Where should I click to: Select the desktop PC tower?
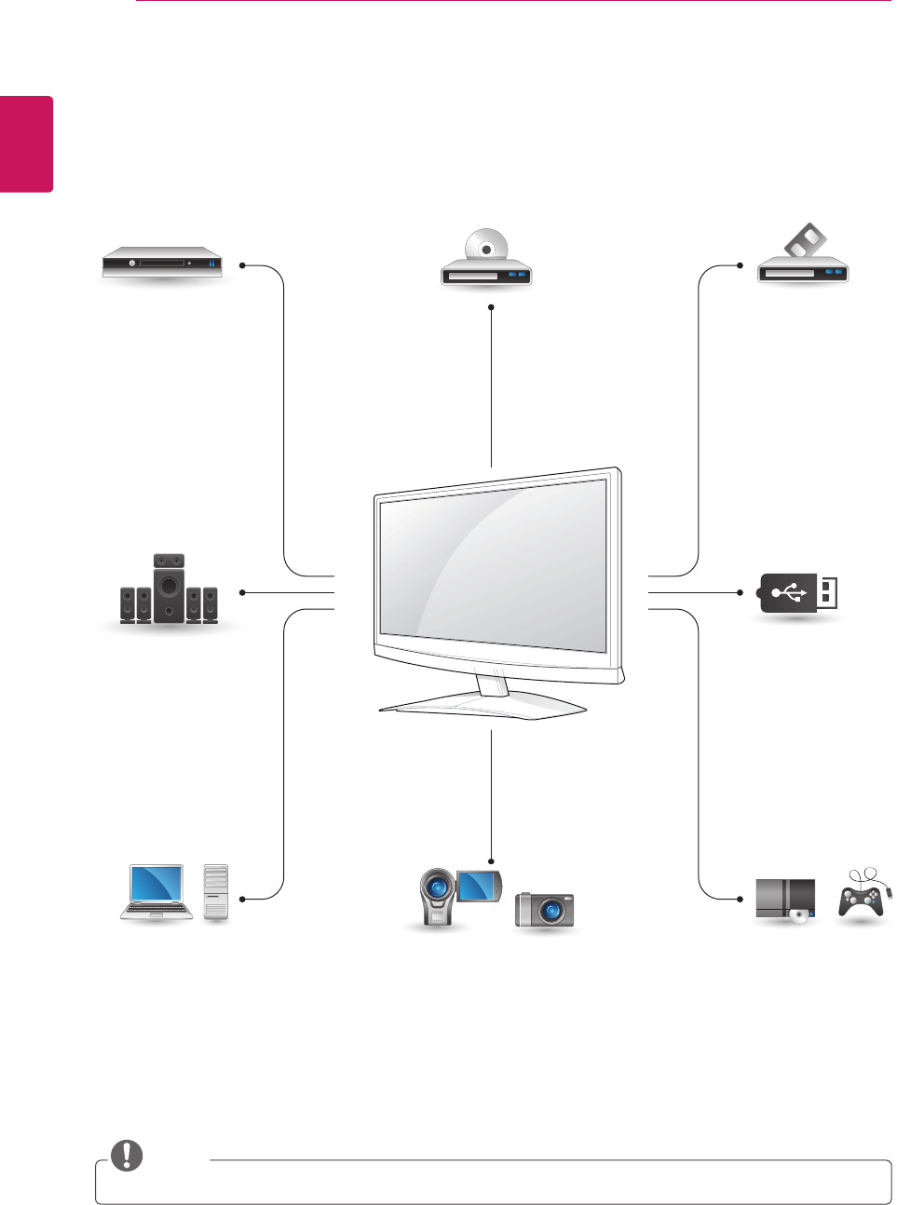coord(215,893)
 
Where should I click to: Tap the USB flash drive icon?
coord(799,593)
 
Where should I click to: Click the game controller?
coord(862,898)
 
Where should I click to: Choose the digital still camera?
coord(545,909)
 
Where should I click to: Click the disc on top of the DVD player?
coord(485,248)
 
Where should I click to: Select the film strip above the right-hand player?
coord(806,241)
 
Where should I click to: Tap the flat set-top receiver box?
coord(163,264)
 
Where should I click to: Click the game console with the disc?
coord(785,900)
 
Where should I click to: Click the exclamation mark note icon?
coord(127,1156)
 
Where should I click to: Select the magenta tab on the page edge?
coord(26,143)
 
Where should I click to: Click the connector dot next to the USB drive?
coord(741,592)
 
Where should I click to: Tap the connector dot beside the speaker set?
coord(242,592)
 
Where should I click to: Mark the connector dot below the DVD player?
coord(491,306)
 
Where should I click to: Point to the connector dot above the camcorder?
coord(491,860)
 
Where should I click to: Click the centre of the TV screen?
coord(494,566)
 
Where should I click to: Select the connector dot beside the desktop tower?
coord(242,899)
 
